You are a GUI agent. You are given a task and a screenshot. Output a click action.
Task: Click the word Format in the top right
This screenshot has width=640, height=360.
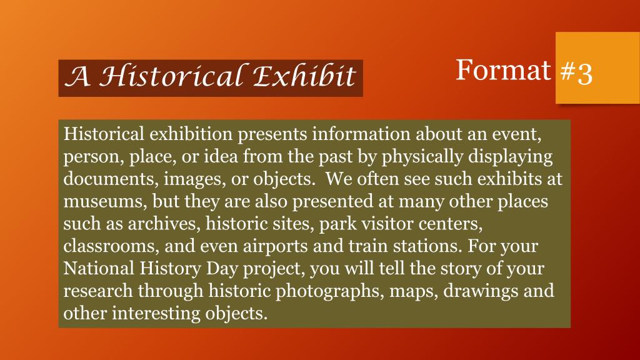502,70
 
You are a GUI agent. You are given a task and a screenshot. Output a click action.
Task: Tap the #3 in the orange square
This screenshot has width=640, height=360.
576,73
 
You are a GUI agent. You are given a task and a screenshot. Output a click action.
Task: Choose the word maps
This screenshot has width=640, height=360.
414,291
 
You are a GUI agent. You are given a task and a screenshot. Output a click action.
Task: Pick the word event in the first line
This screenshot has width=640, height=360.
518,134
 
